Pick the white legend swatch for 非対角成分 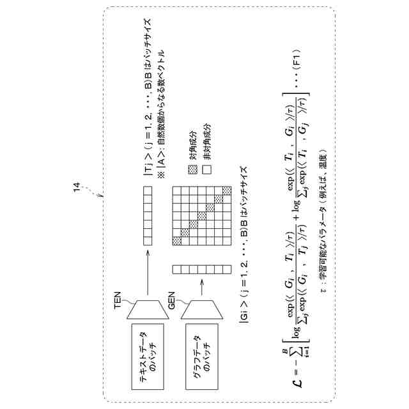[206, 169]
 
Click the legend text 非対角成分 [206, 143]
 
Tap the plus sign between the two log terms [298, 206]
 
